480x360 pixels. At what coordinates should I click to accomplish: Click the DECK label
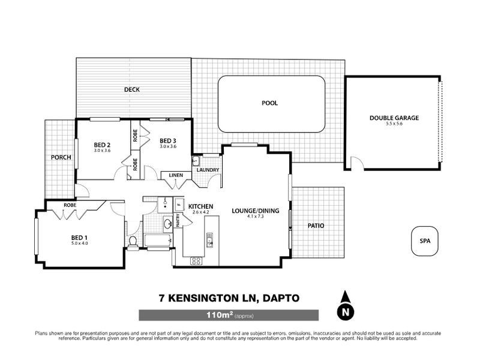(131, 89)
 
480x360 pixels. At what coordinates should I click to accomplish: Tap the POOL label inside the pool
(270, 103)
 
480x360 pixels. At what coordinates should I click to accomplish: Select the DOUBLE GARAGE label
(394, 118)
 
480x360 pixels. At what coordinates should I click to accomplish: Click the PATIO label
(316, 226)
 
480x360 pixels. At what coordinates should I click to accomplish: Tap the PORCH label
(61, 158)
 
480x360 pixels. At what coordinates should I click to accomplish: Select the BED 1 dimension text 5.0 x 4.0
(80, 243)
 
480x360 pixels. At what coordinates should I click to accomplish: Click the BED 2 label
(103, 145)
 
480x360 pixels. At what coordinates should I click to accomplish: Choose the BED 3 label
(167, 140)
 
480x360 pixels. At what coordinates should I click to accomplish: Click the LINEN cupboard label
(176, 175)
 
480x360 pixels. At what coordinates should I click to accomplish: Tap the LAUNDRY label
(208, 170)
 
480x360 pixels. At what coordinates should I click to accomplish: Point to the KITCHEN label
(201, 206)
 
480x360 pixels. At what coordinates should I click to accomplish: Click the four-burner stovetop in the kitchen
(196, 260)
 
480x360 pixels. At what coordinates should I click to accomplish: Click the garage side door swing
(356, 163)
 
